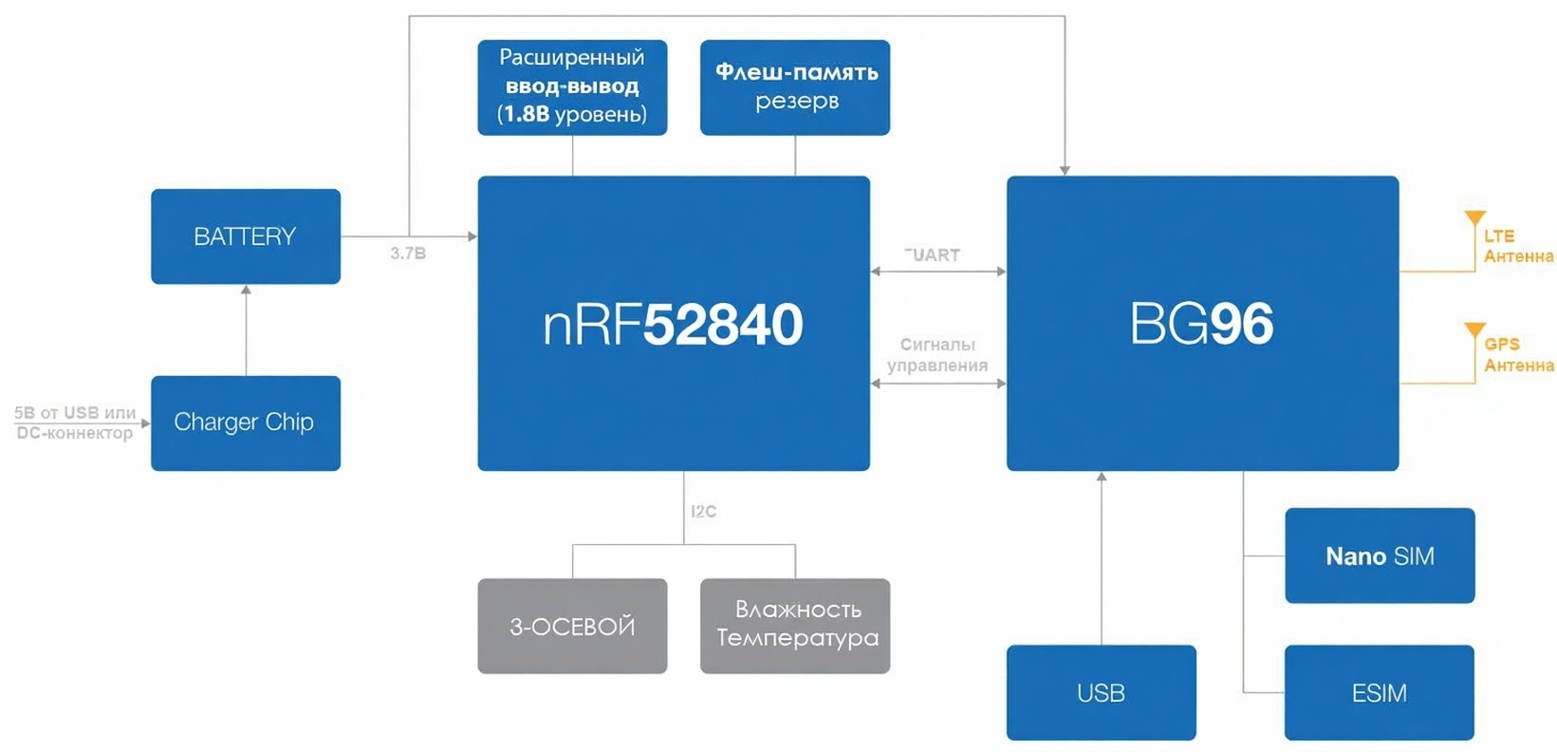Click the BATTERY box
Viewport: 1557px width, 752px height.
pos(245,236)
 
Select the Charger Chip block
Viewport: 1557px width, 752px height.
pos(245,423)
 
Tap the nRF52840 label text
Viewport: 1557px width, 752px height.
pos(673,325)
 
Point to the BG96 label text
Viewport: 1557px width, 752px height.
pos(1201,325)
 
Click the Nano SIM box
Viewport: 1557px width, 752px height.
pos(1380,555)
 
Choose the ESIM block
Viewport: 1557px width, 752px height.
pos(1379,692)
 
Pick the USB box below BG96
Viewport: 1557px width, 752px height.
pos(1101,692)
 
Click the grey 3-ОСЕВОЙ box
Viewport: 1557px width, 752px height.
pos(572,626)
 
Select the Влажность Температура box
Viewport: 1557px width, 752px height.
pos(795,626)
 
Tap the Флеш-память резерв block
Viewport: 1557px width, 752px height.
pos(795,87)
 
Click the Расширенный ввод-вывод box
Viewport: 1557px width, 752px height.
pos(572,87)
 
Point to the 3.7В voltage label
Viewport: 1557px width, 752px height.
pos(408,254)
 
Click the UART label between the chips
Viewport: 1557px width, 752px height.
pos(934,254)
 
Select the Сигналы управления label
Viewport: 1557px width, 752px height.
pos(936,355)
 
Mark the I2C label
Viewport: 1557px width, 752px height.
pos(703,511)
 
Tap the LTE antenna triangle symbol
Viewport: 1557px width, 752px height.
pos(1474,218)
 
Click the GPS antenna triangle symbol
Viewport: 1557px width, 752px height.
pos(1474,329)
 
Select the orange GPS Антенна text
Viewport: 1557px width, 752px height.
pos(1518,354)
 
